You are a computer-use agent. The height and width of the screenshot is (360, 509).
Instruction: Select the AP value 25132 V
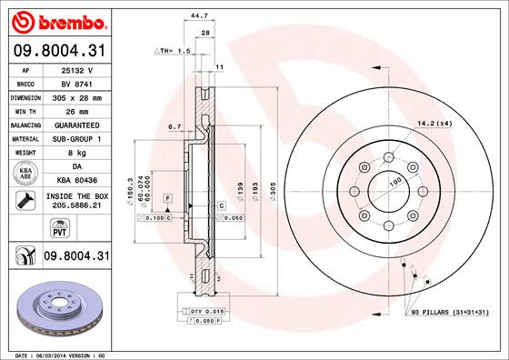point(76,69)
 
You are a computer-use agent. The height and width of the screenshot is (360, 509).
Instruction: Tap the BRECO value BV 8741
point(76,82)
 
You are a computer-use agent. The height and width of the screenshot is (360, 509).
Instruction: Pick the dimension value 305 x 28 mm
point(77,95)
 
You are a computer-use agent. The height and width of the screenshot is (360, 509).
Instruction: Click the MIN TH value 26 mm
point(76,109)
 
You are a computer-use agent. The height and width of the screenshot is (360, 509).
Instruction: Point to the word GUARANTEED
point(77,124)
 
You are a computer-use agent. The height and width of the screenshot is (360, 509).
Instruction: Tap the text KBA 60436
point(77,182)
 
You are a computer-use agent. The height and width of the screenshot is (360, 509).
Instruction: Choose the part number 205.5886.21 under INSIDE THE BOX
point(77,205)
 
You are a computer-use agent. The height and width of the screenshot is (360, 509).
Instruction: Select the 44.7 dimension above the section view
point(195,14)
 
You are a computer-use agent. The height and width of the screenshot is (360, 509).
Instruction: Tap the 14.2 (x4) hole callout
point(433,122)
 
